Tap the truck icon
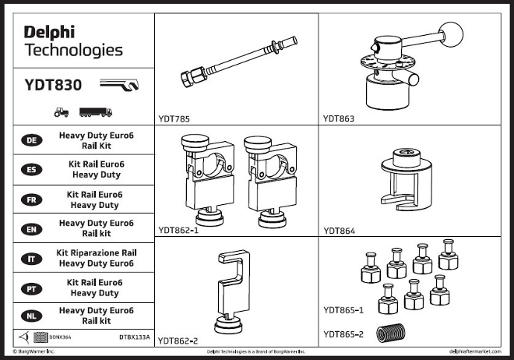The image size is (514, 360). [x=95, y=111]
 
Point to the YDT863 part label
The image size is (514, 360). [x=339, y=119]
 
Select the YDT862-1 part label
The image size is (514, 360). [x=178, y=230]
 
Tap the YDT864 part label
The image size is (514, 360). [x=339, y=230]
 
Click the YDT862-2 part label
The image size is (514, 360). [x=178, y=341]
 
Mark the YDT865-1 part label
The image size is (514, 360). [x=343, y=311]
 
